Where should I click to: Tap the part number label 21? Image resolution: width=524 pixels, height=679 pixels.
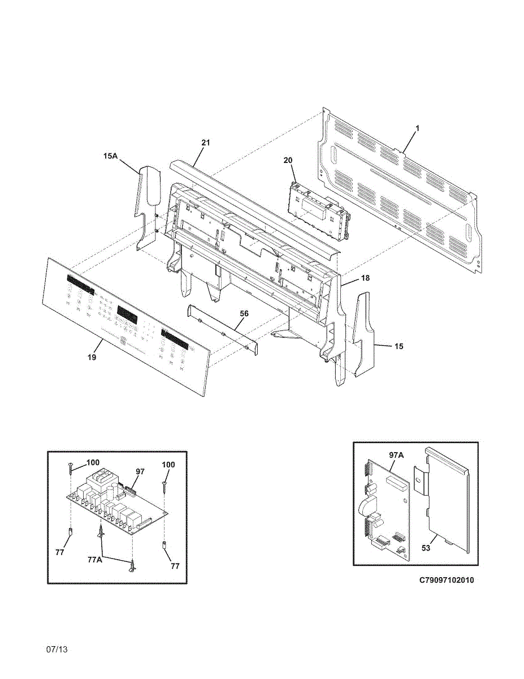205,143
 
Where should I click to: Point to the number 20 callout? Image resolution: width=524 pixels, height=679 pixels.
288,161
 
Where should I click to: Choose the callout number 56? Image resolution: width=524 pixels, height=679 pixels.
244,313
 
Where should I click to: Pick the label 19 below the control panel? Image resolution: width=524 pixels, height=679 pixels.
92,357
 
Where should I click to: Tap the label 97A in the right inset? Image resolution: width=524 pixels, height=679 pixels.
396,454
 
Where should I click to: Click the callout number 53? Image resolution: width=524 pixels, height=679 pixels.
426,548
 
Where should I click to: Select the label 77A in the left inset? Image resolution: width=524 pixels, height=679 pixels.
95,559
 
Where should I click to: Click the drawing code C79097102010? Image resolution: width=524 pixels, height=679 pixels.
447,581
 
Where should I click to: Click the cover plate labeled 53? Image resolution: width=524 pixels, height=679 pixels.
449,498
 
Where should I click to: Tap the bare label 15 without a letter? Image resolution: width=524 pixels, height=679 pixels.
399,346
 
